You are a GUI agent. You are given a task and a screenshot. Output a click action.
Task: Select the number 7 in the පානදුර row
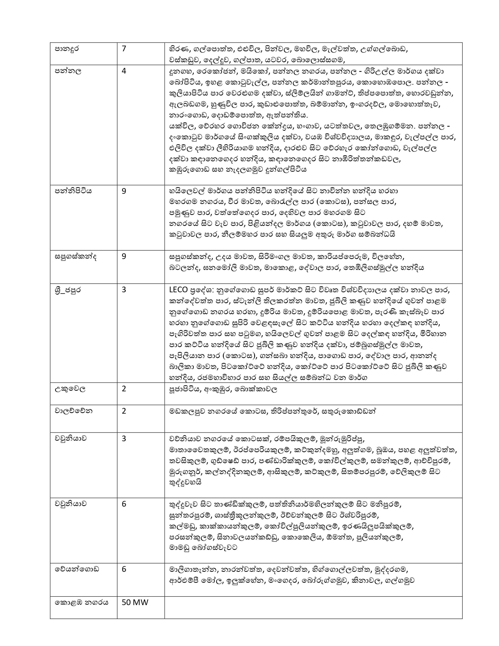[x=124, y=49]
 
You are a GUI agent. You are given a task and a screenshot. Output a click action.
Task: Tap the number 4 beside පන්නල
[x=124, y=71]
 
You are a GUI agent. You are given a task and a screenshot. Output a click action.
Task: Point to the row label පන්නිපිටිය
[x=73, y=191]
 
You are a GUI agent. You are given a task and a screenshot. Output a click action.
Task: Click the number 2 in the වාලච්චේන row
[x=124, y=411]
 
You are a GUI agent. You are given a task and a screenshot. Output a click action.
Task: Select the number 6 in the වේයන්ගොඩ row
[x=124, y=569]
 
